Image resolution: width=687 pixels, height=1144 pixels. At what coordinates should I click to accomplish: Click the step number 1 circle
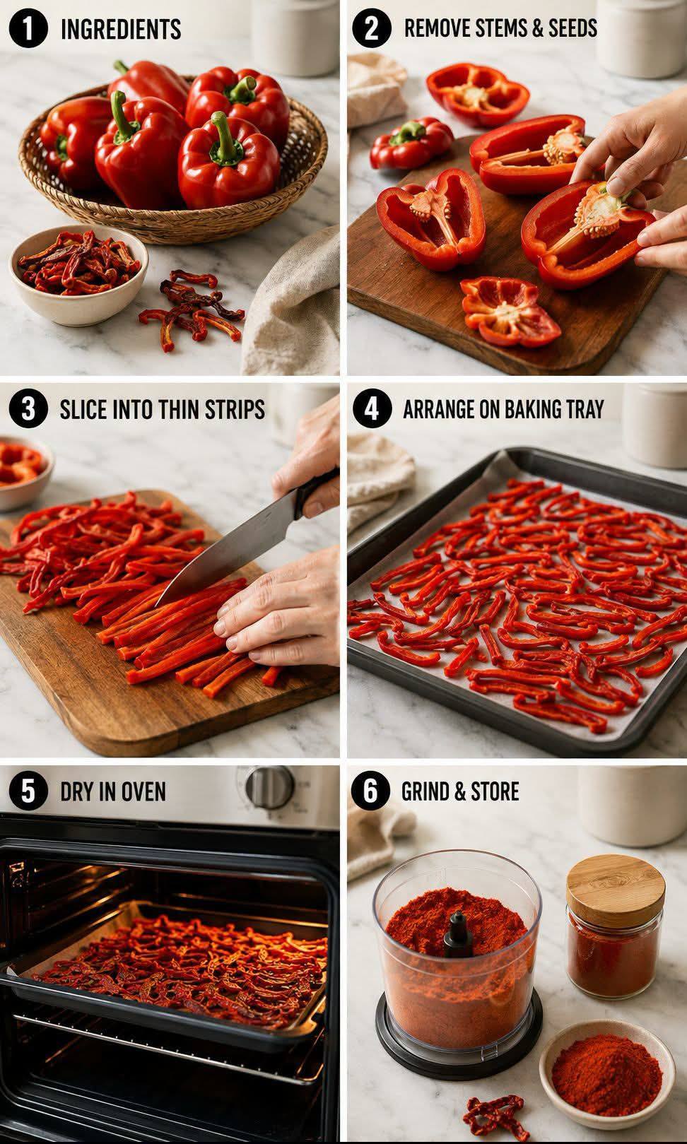pyautogui.click(x=28, y=28)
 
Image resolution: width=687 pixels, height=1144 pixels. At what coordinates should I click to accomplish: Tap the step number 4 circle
pyautogui.click(x=371, y=409)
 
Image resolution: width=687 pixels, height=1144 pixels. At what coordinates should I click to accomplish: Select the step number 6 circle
pyautogui.click(x=370, y=790)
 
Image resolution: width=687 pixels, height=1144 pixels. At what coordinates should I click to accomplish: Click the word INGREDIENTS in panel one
pyautogui.click(x=121, y=29)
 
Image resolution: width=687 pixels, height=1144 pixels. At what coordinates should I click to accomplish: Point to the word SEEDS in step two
pyautogui.click(x=572, y=28)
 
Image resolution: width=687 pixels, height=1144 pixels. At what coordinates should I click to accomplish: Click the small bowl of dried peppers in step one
pyautogui.click(x=78, y=274)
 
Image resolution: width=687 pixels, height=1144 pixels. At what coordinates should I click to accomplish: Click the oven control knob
pyautogui.click(x=269, y=787)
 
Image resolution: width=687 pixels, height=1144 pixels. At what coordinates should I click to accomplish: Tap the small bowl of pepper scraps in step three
pyautogui.click(x=23, y=473)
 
